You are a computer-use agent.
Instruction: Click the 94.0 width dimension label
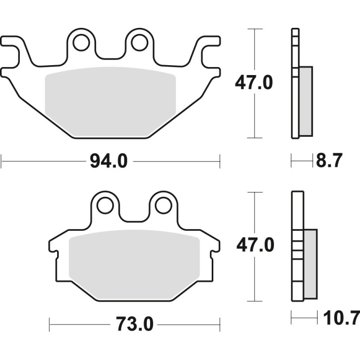click(x=109, y=162)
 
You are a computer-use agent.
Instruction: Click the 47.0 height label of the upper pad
click(x=254, y=83)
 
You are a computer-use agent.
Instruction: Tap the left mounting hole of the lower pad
click(x=105, y=205)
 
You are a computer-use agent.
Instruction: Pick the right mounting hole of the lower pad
click(x=163, y=205)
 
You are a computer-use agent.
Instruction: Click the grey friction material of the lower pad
click(x=134, y=266)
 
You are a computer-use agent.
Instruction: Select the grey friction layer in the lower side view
click(x=309, y=264)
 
